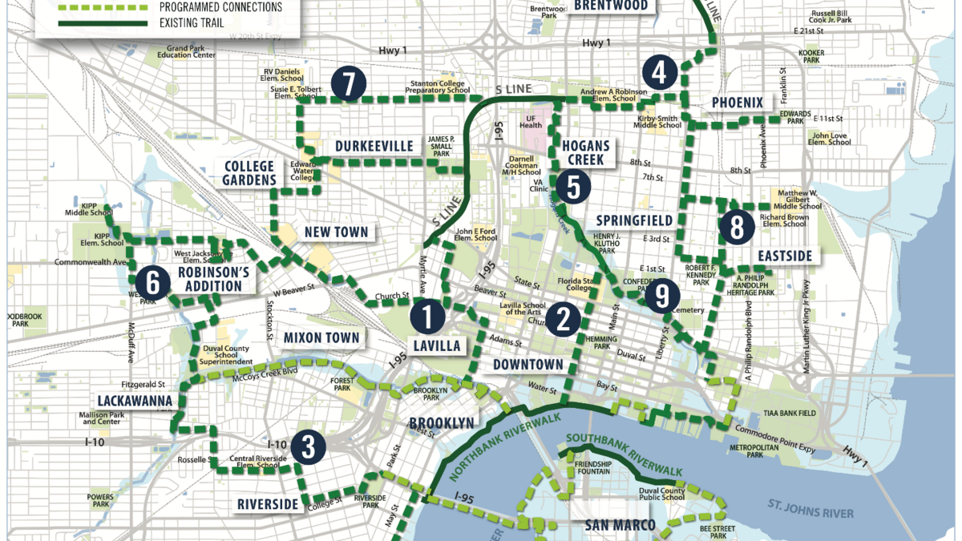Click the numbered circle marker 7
coord(348,84)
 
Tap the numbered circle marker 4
coord(659,73)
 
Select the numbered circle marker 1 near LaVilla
coord(427,316)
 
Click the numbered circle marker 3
coord(307,447)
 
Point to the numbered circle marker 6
coord(152,281)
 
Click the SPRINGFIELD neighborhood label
coord(634,220)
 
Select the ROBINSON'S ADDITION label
coord(212,279)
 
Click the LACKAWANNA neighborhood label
coord(133,400)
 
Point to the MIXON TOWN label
coord(321,337)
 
